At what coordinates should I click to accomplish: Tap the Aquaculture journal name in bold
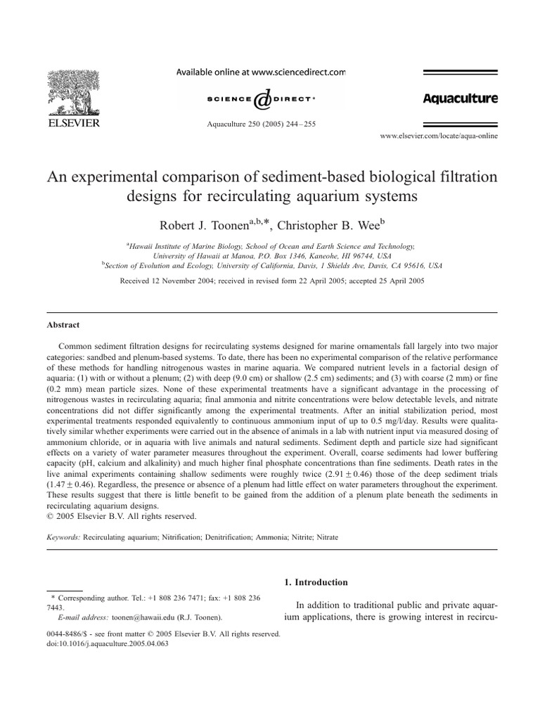point(460,98)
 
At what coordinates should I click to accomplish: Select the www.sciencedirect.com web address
point(297,72)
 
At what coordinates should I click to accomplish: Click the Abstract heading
point(63,325)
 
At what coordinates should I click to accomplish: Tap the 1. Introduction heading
point(315,582)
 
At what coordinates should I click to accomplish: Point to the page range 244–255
point(300,124)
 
